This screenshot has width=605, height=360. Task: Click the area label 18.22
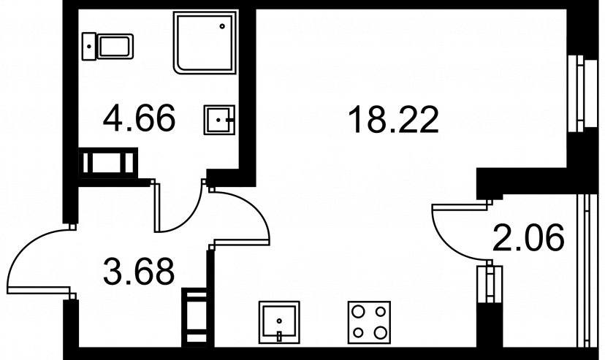(393, 120)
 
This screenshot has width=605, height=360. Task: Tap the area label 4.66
(139, 118)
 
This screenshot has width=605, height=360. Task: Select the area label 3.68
(139, 272)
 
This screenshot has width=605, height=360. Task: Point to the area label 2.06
(528, 238)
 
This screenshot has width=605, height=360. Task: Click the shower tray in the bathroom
(205, 42)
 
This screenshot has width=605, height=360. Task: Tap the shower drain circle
(222, 26)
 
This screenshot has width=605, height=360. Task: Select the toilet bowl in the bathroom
(115, 47)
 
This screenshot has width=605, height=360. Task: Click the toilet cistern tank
(89, 47)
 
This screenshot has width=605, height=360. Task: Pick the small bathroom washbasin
(219, 120)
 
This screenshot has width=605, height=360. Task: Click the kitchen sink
(279, 322)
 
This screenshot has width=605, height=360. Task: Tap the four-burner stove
(369, 322)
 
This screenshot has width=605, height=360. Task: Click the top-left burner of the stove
(359, 311)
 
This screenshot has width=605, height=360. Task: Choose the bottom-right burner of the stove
(381, 332)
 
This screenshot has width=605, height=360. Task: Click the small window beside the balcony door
(490, 283)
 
